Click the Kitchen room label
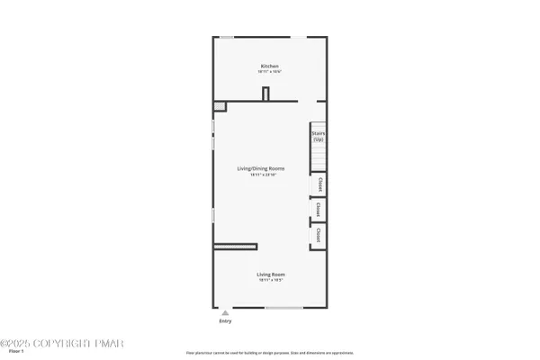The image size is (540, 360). [x=269, y=67]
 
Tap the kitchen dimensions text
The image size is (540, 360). [x=269, y=72]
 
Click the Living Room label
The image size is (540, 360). [x=269, y=274]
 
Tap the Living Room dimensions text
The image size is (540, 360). [x=269, y=280]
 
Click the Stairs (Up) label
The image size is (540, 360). [x=318, y=137]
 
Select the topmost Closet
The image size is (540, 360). [x=319, y=185]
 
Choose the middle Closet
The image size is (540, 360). [x=319, y=211]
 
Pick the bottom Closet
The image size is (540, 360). [x=319, y=236]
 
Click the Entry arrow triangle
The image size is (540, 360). [x=225, y=312]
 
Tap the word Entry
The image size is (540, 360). [x=225, y=320]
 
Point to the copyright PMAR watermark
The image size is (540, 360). [x=63, y=343]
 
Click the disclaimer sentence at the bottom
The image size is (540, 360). [x=269, y=352]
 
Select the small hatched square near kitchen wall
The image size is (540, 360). [x=219, y=107]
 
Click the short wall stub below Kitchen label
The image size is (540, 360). [x=265, y=94]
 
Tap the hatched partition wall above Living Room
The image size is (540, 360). [x=235, y=246]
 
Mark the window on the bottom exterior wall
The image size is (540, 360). [x=283, y=308]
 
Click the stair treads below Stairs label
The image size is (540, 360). [x=318, y=157]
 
